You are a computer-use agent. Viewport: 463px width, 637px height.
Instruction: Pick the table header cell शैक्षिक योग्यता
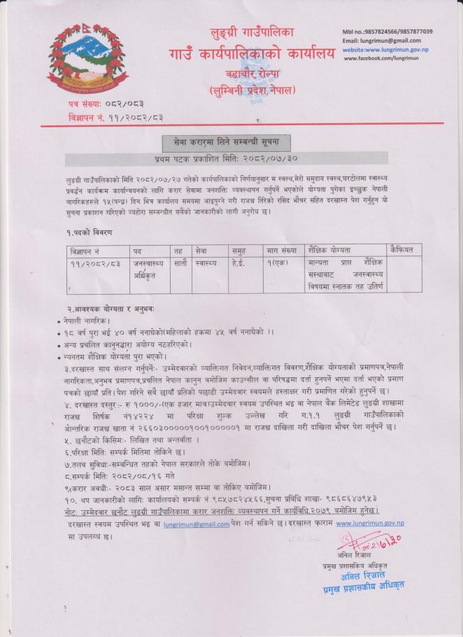point(330,250)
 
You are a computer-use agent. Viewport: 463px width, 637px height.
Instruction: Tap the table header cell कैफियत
point(404,250)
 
